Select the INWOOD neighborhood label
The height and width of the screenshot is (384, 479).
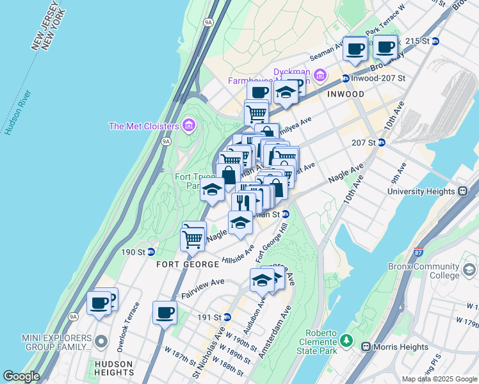click(346, 94)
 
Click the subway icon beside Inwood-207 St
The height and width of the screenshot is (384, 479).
click(346, 79)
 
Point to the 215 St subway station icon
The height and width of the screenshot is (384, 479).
click(436, 41)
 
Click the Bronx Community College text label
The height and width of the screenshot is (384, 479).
click(423, 271)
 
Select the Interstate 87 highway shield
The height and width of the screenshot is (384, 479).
click(418, 253)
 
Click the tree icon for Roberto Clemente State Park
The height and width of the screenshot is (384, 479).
click(347, 339)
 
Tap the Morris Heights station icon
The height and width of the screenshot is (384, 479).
click(366, 347)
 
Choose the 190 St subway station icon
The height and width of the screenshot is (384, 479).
click(151, 252)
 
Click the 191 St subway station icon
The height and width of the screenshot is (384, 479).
click(227, 317)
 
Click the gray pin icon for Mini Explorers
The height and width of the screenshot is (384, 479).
click(101, 342)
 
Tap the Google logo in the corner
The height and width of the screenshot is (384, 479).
click(21, 376)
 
